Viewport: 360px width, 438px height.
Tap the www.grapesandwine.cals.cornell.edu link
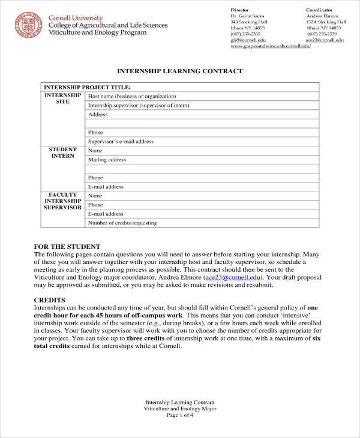pos(270,46)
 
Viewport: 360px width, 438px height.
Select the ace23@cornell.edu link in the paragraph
pos(233,278)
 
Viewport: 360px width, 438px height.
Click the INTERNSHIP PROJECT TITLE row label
pos(88,87)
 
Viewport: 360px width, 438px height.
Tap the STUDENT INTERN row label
pos(63,153)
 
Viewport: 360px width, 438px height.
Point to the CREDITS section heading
pos(49,299)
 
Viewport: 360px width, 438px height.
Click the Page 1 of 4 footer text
pos(180,415)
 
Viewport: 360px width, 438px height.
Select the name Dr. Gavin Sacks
pos(248,16)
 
